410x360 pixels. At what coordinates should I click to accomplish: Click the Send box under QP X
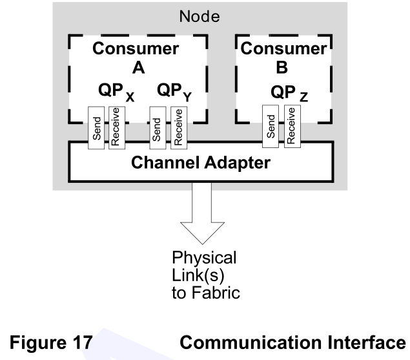click(96, 127)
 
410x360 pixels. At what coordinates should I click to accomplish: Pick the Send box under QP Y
click(156, 127)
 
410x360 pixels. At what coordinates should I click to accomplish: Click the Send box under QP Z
click(271, 127)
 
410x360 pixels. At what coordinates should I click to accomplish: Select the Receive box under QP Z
click(290, 127)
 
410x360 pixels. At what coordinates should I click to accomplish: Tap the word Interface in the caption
click(370, 340)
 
